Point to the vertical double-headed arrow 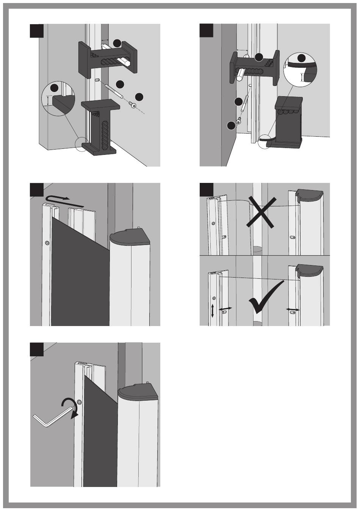click(212, 311)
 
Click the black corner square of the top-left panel click(37, 30)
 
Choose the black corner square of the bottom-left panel click(37, 350)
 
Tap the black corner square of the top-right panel click(207, 30)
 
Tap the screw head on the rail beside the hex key click(79, 402)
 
